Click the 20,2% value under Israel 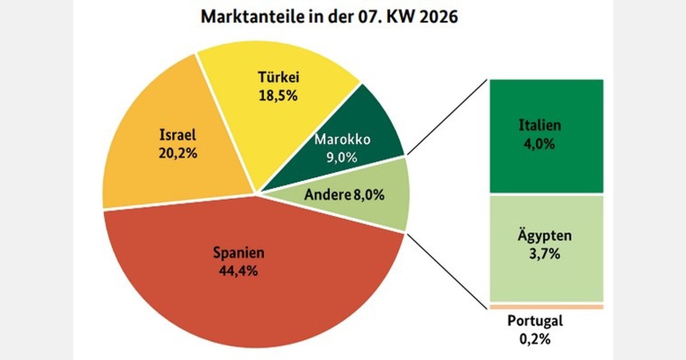[x=178, y=154]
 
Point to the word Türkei [x=278, y=77]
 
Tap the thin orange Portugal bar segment [x=546, y=307]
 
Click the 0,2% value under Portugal [x=535, y=339]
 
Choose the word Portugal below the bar [x=535, y=321]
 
